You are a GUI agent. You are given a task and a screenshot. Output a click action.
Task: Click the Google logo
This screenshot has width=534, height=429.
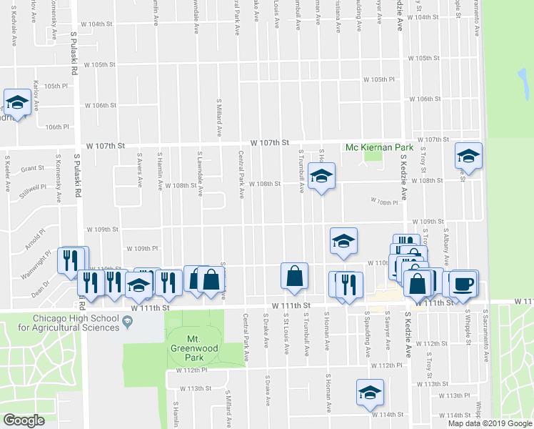click(x=24, y=420)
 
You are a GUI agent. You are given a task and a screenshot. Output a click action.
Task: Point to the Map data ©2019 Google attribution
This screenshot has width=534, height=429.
click(x=490, y=423)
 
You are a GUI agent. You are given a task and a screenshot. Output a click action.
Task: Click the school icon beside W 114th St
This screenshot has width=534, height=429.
click(x=369, y=393)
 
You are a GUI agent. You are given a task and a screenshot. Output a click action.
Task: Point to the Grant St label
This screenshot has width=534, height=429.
click(x=33, y=169)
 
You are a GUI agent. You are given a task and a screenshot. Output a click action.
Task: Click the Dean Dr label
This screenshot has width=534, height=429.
click(x=40, y=292)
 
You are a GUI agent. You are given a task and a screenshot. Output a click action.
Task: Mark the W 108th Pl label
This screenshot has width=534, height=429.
click(x=384, y=202)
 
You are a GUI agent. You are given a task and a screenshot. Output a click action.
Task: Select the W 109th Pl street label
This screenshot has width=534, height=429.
click(x=141, y=248)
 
